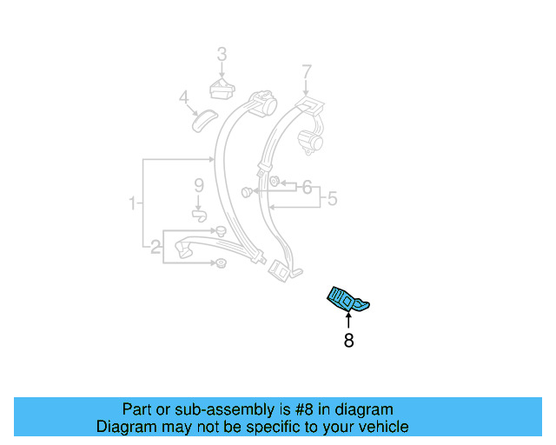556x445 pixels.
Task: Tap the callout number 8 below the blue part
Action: pos(349,342)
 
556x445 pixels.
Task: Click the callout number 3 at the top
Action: pos(222,55)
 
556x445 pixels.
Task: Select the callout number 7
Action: pos(306,70)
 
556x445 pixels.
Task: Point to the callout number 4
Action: pos(183,97)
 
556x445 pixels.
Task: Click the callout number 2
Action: pos(156,248)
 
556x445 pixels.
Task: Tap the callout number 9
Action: pos(198,185)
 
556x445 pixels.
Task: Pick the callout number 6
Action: pos(306,186)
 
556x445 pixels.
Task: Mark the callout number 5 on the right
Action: pos(332,199)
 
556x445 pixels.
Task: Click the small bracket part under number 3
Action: pos(222,87)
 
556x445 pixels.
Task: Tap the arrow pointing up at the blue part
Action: pos(349,320)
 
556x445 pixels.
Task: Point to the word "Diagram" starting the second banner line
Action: pos(124,427)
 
